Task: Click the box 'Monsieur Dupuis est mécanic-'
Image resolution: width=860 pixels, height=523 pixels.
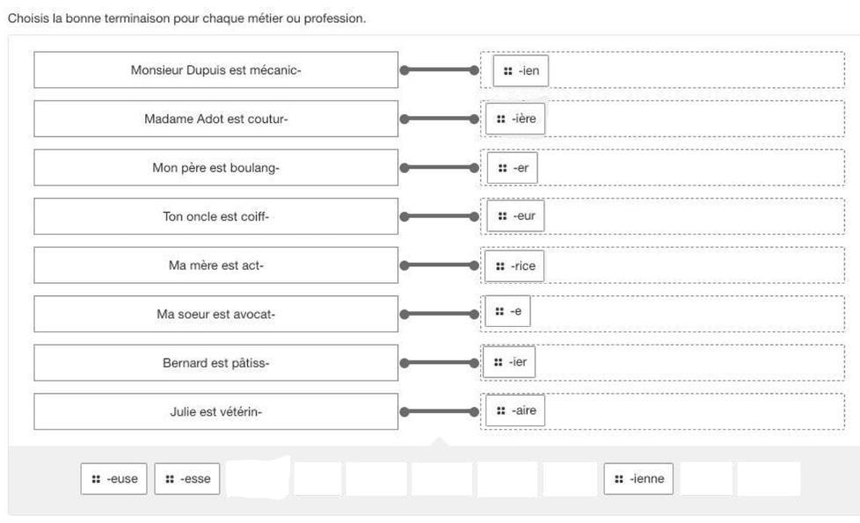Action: coord(215,70)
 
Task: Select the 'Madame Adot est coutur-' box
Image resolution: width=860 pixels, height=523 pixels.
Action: coord(215,119)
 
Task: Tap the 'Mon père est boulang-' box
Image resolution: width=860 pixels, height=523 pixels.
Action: coord(215,168)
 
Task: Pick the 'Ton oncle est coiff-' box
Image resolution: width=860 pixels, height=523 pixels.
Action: coord(215,216)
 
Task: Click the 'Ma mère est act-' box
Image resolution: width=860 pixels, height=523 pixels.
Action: coord(215,265)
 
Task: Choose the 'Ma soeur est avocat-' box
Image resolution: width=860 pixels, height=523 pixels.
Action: coord(215,314)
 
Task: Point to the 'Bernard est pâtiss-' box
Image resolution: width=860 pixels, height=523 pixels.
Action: coord(215,363)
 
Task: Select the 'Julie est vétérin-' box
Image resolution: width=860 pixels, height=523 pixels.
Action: coord(215,411)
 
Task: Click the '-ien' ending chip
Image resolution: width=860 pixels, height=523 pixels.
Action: coord(521,71)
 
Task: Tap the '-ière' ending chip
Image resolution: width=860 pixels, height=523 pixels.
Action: coord(515,120)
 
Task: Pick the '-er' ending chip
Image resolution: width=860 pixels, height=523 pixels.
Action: coord(512,168)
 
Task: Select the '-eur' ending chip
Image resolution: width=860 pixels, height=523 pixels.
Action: coord(515,216)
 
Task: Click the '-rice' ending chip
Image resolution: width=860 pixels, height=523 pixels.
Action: coord(515,265)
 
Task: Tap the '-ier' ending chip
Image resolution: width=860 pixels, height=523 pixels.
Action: coord(510,362)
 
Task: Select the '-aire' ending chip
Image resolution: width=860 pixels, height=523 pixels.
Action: coord(515,410)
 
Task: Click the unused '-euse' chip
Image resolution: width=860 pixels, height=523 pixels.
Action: coord(114,479)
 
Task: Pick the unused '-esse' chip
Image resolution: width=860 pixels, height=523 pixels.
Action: coord(188,479)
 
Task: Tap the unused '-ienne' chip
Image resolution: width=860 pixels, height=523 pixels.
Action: coord(638,479)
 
